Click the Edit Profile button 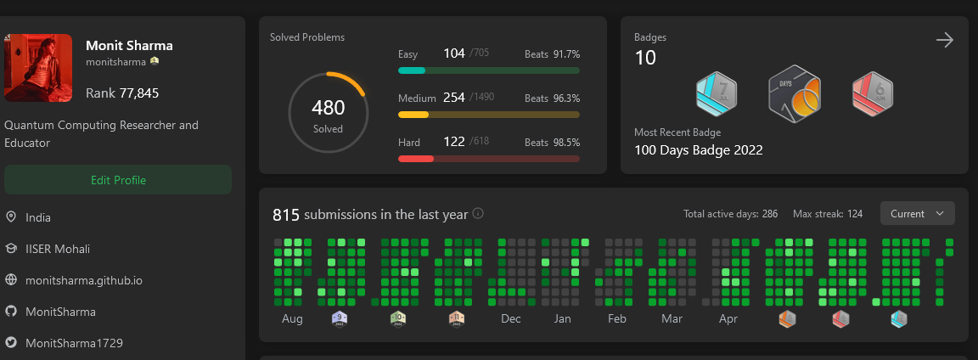118,180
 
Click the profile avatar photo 38,68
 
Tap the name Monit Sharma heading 129,46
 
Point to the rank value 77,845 139,93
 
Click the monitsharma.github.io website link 83,279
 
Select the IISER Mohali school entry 58,249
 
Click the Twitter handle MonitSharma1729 74,343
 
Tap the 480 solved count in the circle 328,108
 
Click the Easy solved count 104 454,53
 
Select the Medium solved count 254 454,98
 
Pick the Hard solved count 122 454,142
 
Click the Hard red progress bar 488,159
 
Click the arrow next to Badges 944,40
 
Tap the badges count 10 645,58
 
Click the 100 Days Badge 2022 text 699,150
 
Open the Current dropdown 917,213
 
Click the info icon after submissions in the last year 478,213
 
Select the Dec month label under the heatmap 511,319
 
